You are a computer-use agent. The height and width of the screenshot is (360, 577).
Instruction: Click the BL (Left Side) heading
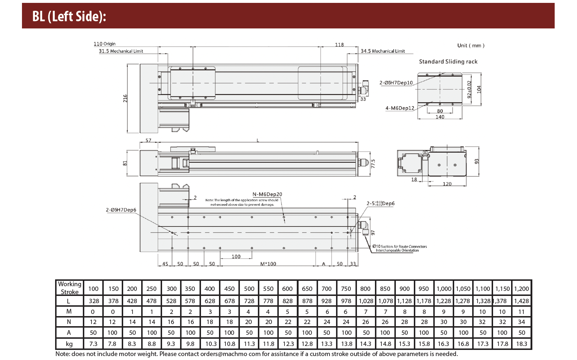[x=69, y=16]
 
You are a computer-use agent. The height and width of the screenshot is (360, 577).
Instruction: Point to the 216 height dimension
[x=125, y=98]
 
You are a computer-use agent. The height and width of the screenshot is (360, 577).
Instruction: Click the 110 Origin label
[x=104, y=44]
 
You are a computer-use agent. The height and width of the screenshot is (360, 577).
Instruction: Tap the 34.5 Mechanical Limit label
[x=383, y=51]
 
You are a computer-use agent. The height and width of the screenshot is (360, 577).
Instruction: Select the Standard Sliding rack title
[x=448, y=62]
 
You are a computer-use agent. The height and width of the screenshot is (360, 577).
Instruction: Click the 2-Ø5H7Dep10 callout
[x=396, y=83]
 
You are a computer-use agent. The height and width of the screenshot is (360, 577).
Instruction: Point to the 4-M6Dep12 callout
[x=400, y=108]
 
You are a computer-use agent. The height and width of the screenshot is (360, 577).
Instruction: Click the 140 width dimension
[x=440, y=117]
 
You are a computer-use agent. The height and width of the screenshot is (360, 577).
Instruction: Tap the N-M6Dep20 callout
[x=267, y=194]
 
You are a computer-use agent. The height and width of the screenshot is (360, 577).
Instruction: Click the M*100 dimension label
[x=268, y=264]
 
